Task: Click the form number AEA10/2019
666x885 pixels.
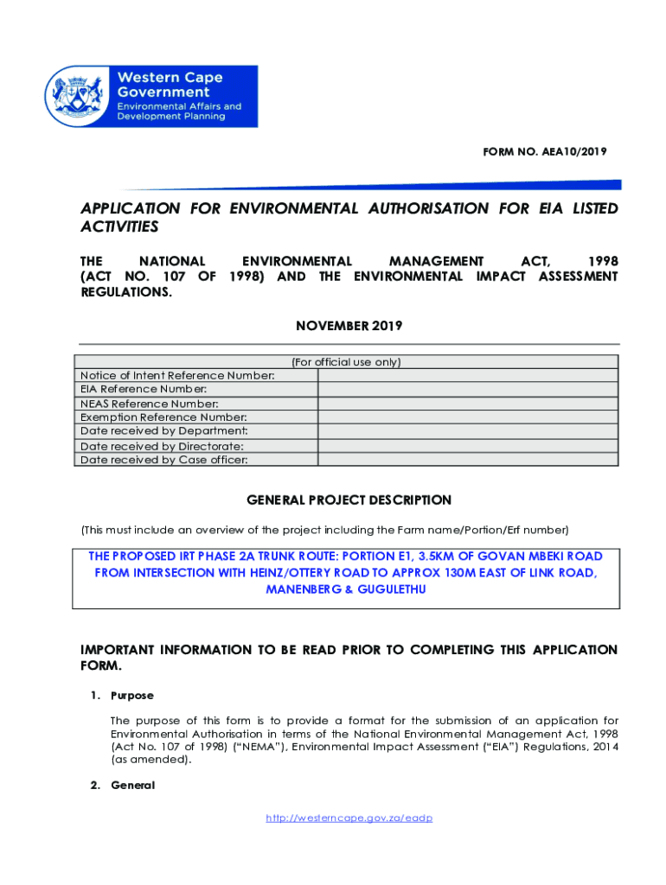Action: [x=545, y=151]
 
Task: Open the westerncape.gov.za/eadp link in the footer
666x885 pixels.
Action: [x=349, y=818]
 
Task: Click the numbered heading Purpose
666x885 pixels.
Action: [x=131, y=695]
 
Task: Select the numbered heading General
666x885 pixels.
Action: [x=131, y=785]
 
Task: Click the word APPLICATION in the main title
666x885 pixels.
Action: [x=131, y=208]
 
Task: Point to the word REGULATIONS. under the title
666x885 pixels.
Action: [x=126, y=292]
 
